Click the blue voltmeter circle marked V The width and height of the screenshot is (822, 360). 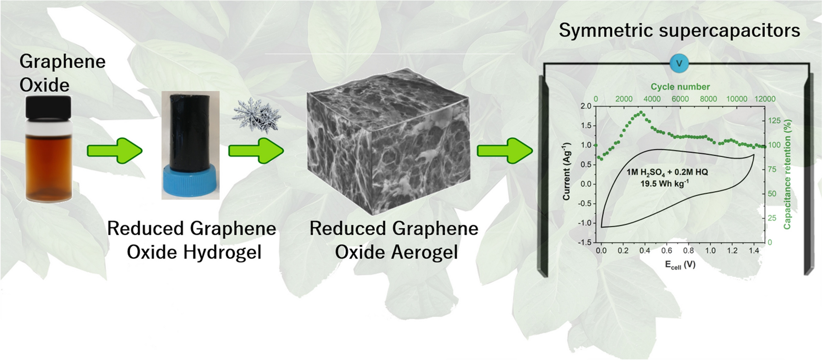(679, 64)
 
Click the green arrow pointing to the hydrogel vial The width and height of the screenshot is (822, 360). (115, 151)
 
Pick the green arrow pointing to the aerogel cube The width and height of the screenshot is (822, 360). (256, 151)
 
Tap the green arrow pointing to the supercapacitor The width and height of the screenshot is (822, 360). (505, 151)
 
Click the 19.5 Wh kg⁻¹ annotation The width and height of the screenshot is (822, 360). (664, 184)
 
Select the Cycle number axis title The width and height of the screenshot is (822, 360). (680, 87)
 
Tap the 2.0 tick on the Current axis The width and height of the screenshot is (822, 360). (586, 106)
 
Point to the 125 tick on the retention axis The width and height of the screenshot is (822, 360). (774, 121)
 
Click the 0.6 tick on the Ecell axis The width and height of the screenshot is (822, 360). (667, 251)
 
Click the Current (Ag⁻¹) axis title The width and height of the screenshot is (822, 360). (567, 171)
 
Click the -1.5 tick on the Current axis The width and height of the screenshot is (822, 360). (584, 242)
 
